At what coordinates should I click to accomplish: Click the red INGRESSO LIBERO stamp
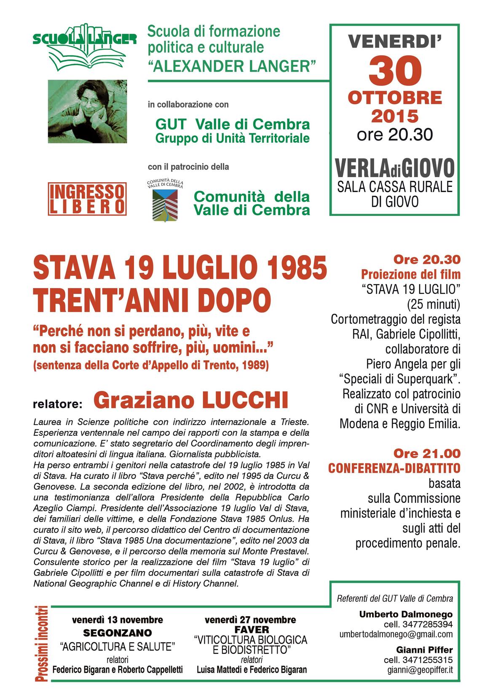tap(87, 199)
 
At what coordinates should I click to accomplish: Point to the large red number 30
tap(395, 71)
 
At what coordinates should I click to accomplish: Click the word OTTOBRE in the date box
tap(395, 98)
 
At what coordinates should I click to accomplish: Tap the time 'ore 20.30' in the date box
tap(395, 135)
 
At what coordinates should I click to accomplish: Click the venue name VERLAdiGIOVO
tap(395, 168)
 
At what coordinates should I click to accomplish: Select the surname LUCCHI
tap(245, 400)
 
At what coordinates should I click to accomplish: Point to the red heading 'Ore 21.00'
tap(427, 453)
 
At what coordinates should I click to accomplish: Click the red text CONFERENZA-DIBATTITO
tap(394, 468)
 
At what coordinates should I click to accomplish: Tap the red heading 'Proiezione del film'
tap(410, 275)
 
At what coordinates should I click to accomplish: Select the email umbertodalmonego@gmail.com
tap(396, 634)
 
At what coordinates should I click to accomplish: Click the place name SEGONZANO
tap(118, 633)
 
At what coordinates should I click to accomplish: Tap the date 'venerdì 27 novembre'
tap(250, 620)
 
